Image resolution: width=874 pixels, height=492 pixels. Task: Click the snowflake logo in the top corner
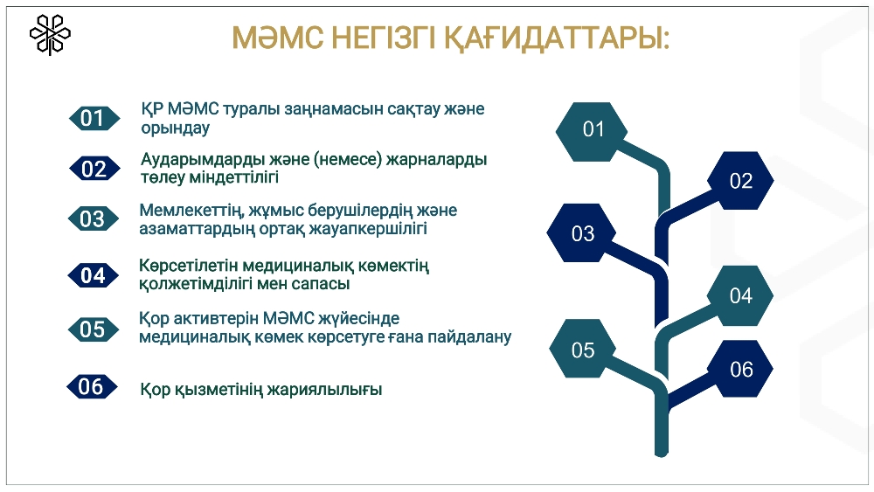tap(50, 35)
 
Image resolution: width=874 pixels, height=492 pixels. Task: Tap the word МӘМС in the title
tap(278, 38)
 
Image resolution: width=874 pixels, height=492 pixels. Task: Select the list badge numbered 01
tap(94, 118)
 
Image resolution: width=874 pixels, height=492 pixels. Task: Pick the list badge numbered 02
tap(94, 169)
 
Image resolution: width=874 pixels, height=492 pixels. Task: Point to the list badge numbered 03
tap(94, 219)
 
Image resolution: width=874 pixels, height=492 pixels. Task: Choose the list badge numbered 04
tap(94, 275)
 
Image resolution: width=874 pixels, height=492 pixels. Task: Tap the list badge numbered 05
tap(94, 329)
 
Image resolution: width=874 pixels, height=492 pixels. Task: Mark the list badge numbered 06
tap(92, 386)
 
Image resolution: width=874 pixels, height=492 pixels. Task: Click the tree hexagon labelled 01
tap(592, 131)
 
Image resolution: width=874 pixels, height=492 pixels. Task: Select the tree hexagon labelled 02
tap(740, 181)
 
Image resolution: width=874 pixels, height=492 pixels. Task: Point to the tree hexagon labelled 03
tap(581, 233)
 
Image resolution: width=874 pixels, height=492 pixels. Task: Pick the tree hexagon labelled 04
tap(740, 296)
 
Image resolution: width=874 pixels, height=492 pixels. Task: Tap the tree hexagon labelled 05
tap(582, 349)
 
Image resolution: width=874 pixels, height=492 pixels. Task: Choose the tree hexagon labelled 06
tap(740, 368)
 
